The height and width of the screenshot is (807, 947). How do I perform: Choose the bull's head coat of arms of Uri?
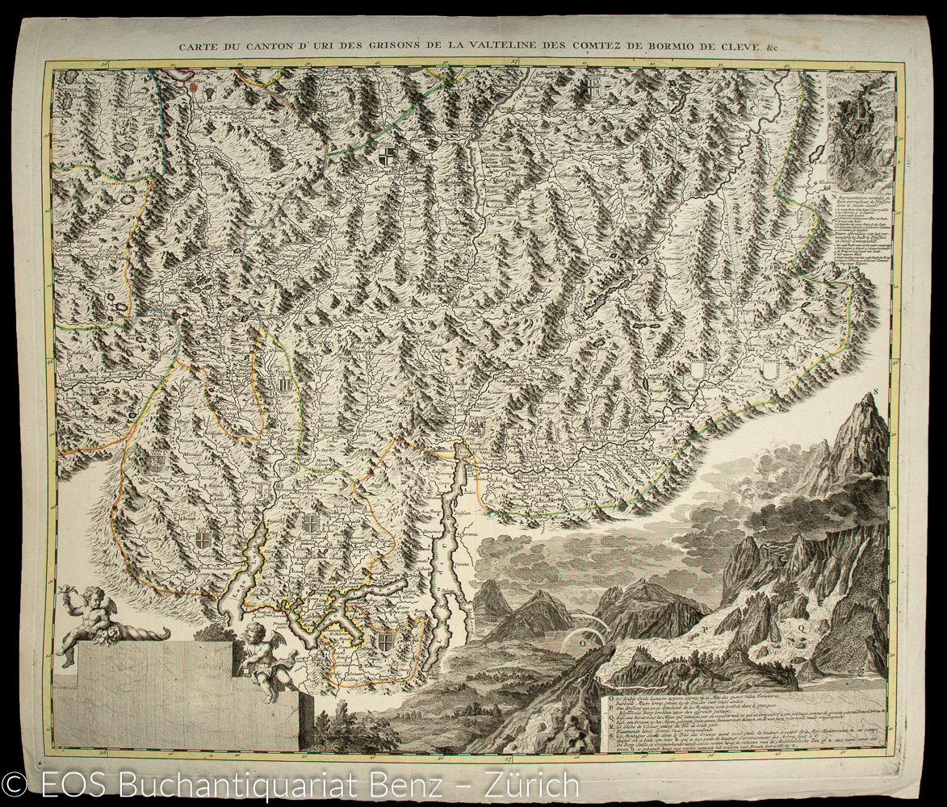209,94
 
